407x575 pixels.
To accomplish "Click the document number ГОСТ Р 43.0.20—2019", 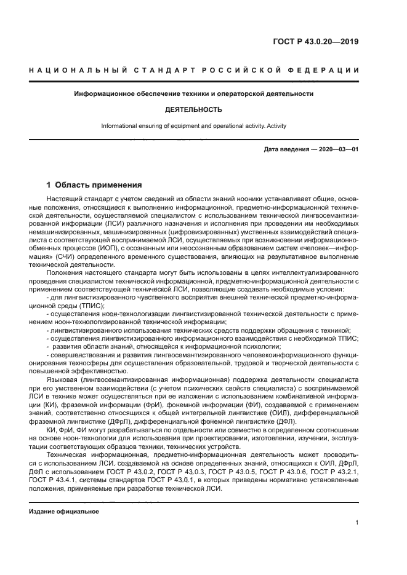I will coord(316,42).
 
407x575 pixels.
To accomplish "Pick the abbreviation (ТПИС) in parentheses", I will coord(91,306).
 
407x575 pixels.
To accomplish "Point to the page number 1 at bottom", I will coord(357,522).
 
